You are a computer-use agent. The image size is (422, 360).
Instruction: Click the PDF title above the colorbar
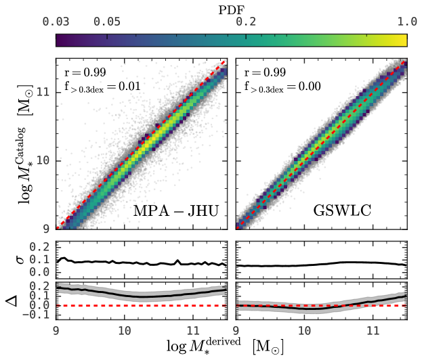[232, 7]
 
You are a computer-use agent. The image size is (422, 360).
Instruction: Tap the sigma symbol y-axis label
[14, 259]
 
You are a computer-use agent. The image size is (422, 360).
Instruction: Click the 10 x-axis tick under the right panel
[304, 332]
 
